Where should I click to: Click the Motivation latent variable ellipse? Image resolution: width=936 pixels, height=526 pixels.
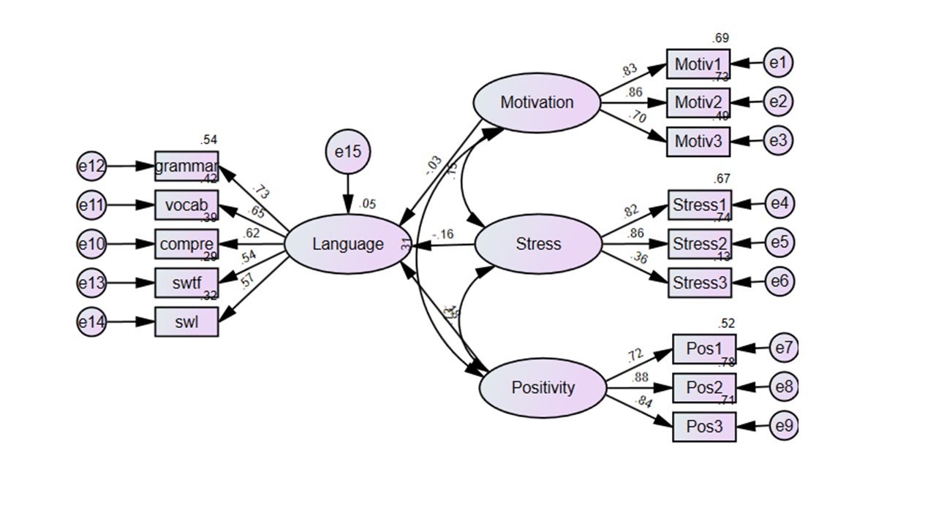pyautogui.click(x=537, y=103)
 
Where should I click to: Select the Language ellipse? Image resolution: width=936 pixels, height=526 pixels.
pyautogui.click(x=347, y=244)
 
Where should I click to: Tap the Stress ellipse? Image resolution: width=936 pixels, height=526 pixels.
pyautogui.click(x=538, y=244)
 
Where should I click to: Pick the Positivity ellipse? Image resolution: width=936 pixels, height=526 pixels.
pyautogui.click(x=543, y=388)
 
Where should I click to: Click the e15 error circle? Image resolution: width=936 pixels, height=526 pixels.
pyautogui.click(x=348, y=153)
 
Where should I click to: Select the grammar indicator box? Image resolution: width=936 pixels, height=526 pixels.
pyautogui.click(x=186, y=167)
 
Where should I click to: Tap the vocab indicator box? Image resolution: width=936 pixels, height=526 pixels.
pyautogui.click(x=186, y=205)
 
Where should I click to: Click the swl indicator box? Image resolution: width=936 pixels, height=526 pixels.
pyautogui.click(x=186, y=321)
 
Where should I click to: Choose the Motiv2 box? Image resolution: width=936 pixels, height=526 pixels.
pyautogui.click(x=698, y=102)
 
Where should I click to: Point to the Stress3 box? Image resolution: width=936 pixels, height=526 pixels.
pyautogui.click(x=700, y=283)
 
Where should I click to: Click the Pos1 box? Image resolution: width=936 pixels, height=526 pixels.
pyautogui.click(x=704, y=349)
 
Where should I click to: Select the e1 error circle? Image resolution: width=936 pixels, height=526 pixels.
pyautogui.click(x=778, y=64)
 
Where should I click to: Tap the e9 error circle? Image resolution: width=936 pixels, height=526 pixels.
pyautogui.click(x=783, y=427)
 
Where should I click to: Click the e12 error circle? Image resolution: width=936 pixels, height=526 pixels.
pyautogui.click(x=92, y=167)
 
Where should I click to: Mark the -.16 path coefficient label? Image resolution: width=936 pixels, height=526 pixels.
pyautogui.click(x=442, y=235)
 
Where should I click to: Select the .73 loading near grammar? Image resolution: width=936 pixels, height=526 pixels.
pyautogui.click(x=260, y=192)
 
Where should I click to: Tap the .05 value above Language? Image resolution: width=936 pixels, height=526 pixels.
pyautogui.click(x=367, y=204)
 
